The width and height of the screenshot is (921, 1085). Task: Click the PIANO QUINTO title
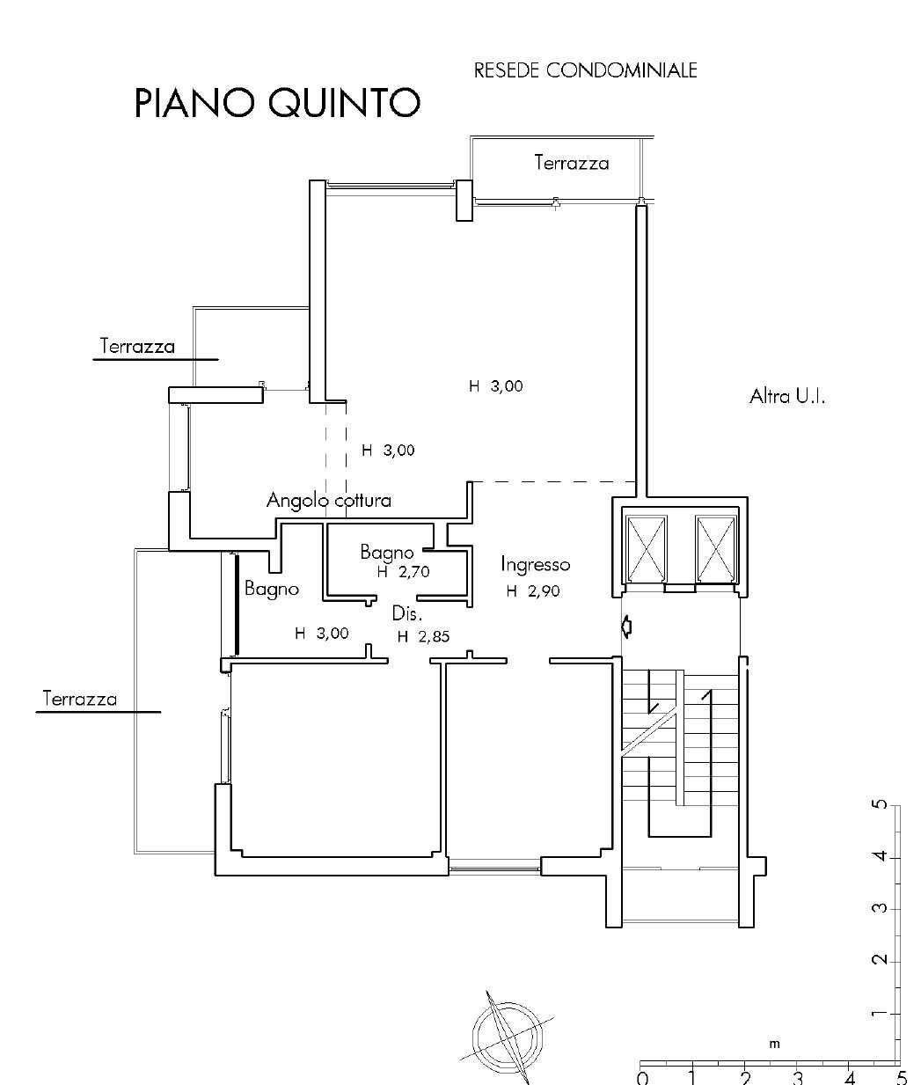point(277,103)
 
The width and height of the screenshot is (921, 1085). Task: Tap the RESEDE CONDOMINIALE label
point(585,71)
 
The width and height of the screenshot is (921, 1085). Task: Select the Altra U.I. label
point(787,396)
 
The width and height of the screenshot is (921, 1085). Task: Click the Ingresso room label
point(536,565)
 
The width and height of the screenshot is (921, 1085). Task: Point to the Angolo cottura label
point(329,500)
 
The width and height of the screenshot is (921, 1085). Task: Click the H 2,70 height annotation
point(404,572)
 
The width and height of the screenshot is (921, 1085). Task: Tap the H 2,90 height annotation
point(533,591)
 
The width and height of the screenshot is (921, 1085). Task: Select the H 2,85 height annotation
point(423,637)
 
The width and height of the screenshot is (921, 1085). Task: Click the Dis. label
point(407,613)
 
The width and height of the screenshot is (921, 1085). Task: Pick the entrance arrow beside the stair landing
point(626,627)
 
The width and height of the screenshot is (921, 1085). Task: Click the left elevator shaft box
point(647,549)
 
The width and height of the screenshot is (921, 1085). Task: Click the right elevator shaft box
point(716,549)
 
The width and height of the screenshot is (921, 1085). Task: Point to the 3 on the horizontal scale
point(797,1078)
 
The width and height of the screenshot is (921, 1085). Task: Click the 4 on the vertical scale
point(880,856)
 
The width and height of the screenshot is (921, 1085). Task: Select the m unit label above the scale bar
point(774,1044)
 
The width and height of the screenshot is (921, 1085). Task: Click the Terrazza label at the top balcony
point(572,163)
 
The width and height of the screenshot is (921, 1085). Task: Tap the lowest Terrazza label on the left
point(80,700)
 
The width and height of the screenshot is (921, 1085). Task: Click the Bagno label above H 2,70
point(387,553)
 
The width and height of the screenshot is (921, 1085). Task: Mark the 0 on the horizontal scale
point(642,1078)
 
